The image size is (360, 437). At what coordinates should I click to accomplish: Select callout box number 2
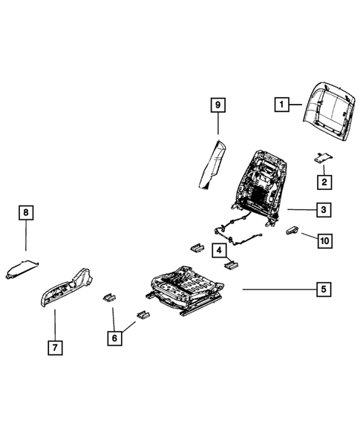[x=324, y=181]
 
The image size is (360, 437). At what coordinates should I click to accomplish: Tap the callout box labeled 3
[x=324, y=211]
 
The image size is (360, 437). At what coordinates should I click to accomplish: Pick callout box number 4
[x=220, y=250]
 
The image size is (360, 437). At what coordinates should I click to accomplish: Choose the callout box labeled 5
[x=324, y=289]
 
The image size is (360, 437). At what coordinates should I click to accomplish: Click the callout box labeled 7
[x=54, y=346]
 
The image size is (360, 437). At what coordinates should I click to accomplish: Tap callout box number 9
[x=217, y=106]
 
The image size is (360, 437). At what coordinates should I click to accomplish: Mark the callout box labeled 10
[x=324, y=240]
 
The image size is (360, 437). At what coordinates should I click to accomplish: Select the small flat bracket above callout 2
[x=323, y=157]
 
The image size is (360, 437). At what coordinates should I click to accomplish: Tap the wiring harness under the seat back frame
[x=238, y=231]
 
